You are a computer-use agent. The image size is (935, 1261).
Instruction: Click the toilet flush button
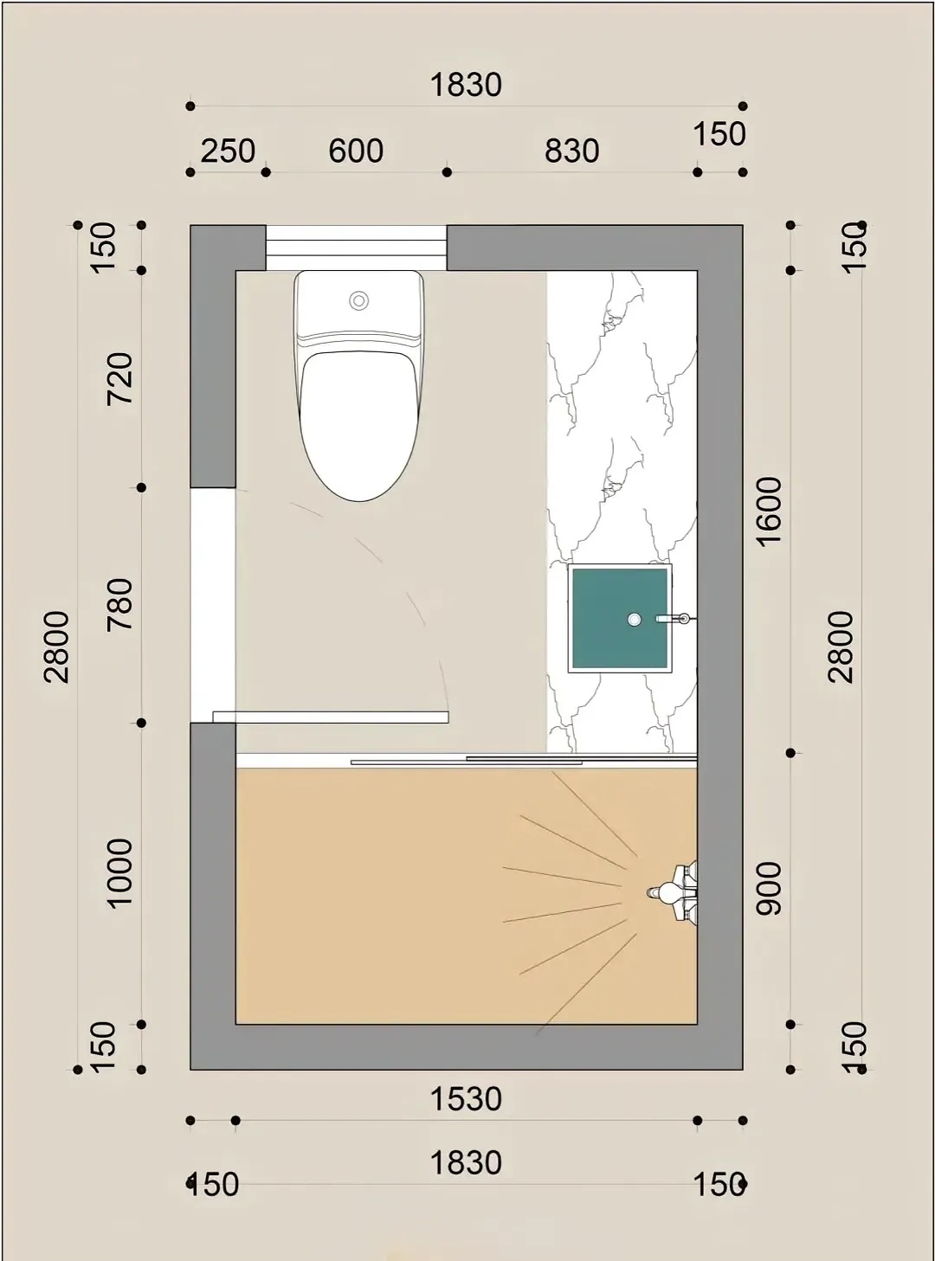pyautogui.click(x=359, y=299)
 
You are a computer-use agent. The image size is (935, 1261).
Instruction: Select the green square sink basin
pyautogui.click(x=620, y=618)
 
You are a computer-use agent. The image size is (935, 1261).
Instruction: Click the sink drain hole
pyautogui.click(x=634, y=619)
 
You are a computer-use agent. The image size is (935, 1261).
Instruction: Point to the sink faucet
pyautogui.click(x=674, y=618)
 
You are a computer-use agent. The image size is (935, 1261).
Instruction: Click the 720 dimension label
pyautogui.click(x=120, y=378)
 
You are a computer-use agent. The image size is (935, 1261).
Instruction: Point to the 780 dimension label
pyautogui.click(x=120, y=604)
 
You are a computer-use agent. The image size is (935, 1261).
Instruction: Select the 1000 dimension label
pyautogui.click(x=120, y=872)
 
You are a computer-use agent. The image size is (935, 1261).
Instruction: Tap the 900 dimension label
pyautogui.click(x=769, y=889)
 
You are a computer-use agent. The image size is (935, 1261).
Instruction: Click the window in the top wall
pyautogui.click(x=356, y=248)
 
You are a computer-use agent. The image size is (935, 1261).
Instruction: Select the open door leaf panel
pyautogui.click(x=331, y=717)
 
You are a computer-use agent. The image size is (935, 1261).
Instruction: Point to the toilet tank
pyautogui.click(x=359, y=306)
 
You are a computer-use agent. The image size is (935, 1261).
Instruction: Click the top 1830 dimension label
pyautogui.click(x=467, y=86)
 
